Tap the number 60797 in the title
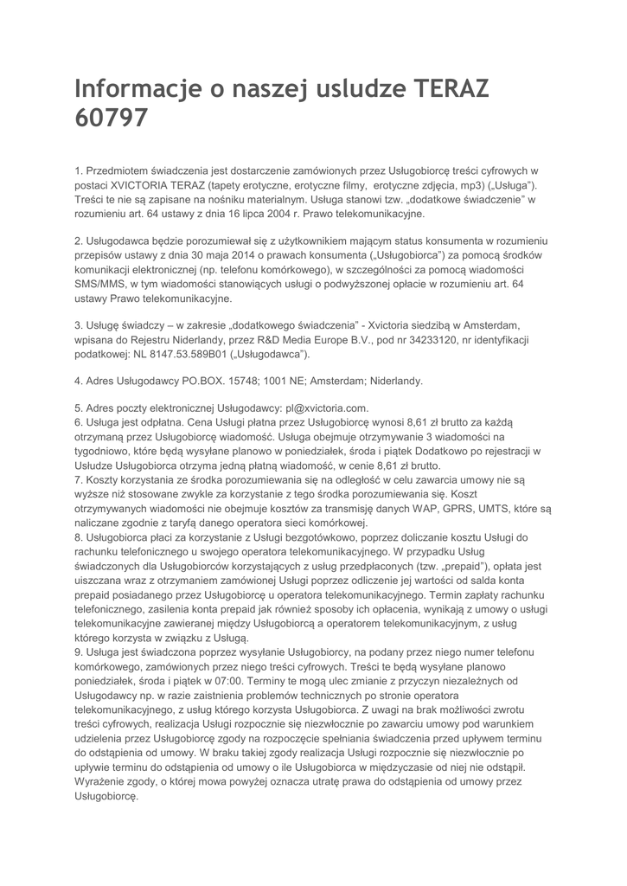click(111, 118)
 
